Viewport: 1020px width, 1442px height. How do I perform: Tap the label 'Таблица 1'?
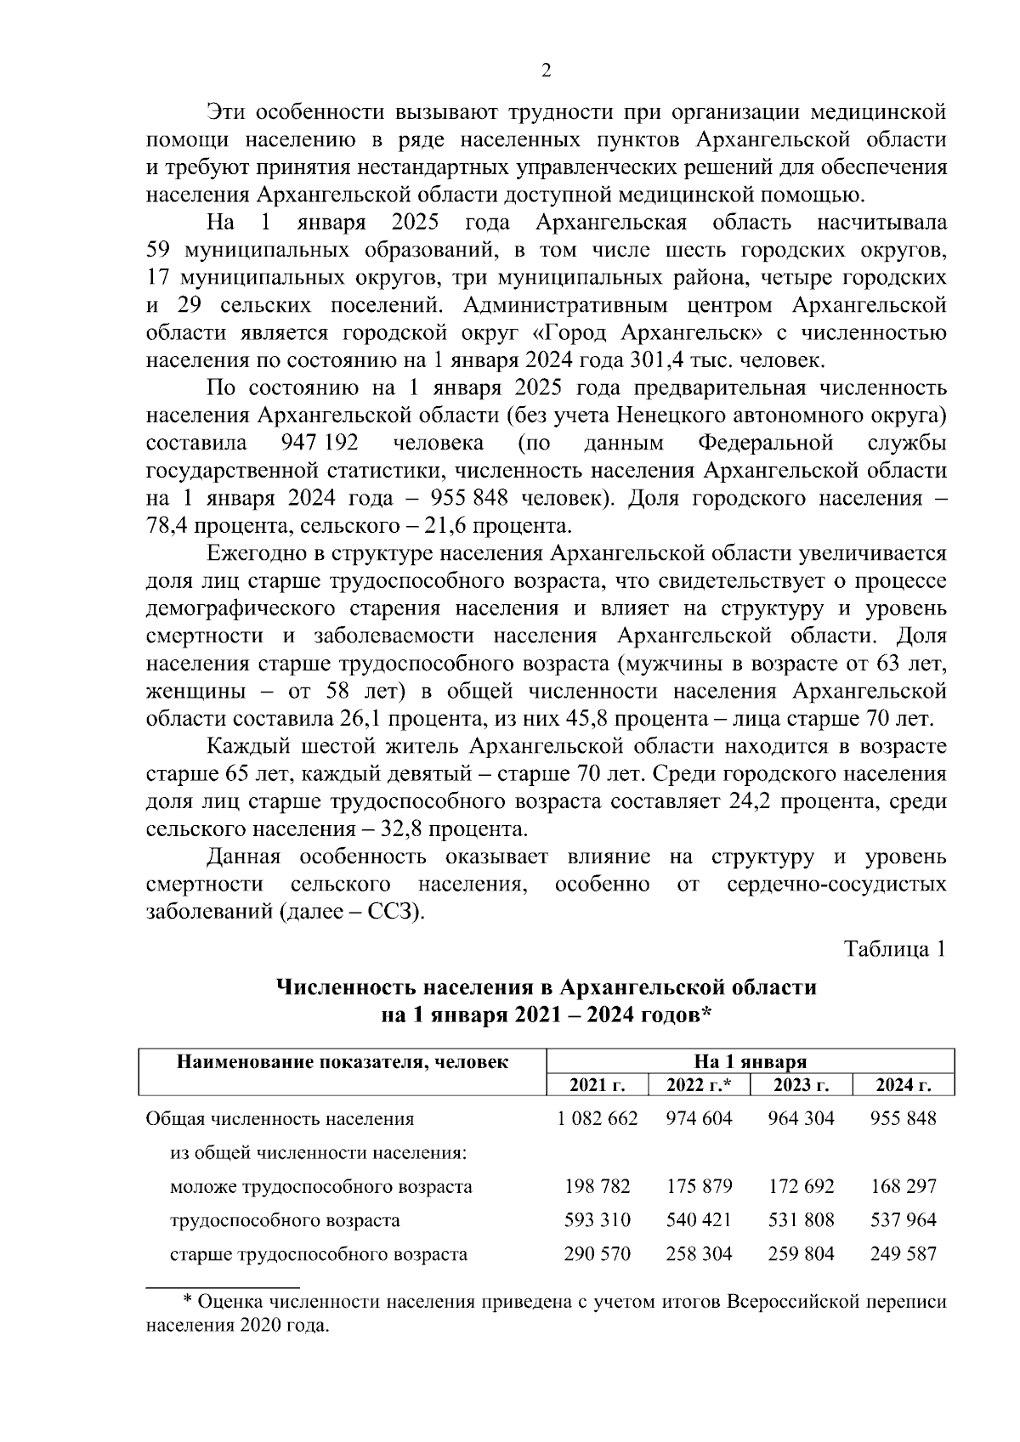click(x=894, y=949)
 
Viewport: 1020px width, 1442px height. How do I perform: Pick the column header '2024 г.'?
click(x=903, y=1085)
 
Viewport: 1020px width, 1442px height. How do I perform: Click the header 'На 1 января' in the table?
click(x=750, y=1062)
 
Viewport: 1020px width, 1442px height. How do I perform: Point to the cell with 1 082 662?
click(x=597, y=1118)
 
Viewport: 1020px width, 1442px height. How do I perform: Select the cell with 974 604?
click(x=699, y=1118)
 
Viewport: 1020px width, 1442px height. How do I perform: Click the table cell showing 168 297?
click(x=903, y=1186)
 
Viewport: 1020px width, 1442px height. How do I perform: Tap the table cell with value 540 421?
click(x=699, y=1220)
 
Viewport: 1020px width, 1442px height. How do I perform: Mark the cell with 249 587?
click(x=903, y=1254)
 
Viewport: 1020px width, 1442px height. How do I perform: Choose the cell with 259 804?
click(x=801, y=1254)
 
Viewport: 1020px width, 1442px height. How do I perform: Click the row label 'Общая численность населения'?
click(x=280, y=1119)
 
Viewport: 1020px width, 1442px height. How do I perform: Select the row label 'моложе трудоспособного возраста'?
click(x=320, y=1187)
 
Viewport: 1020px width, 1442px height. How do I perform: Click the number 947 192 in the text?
click(x=319, y=444)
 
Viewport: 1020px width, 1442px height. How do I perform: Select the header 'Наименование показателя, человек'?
click(x=343, y=1062)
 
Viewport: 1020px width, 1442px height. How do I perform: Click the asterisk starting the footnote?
click(x=189, y=1301)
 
